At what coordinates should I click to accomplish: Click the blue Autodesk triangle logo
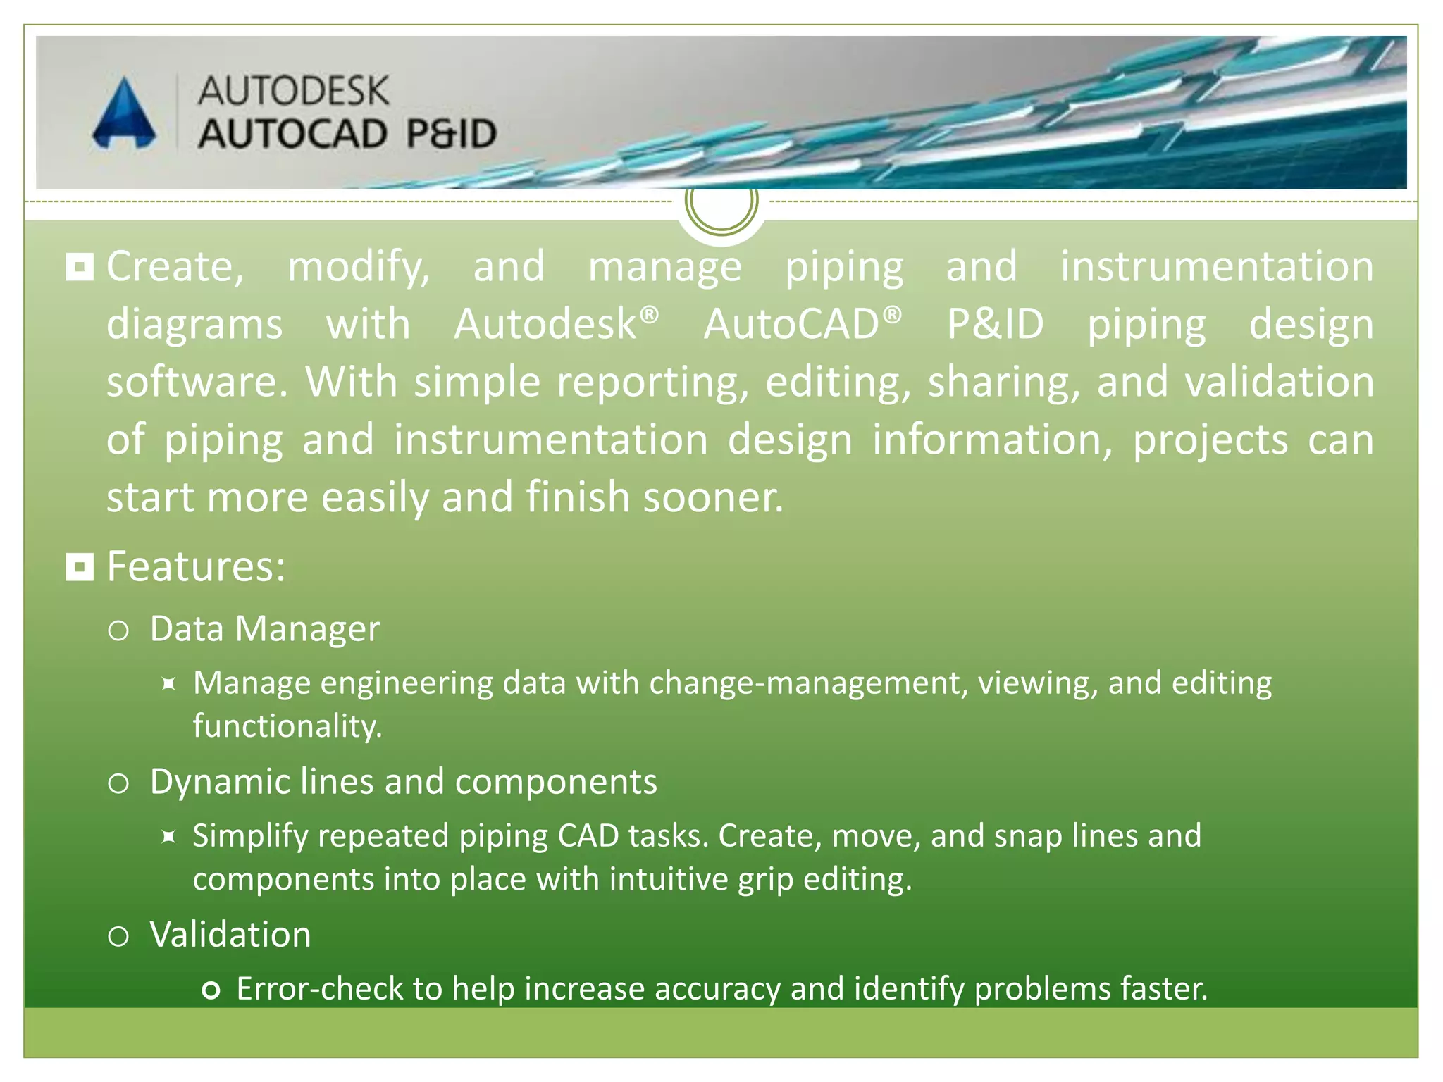[x=124, y=114]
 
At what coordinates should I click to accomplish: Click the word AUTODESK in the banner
[x=293, y=91]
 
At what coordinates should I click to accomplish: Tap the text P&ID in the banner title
[x=452, y=134]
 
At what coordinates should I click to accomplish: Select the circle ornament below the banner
[x=721, y=202]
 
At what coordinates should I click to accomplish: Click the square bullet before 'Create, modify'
[x=80, y=267]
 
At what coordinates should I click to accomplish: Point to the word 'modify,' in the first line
[x=359, y=268]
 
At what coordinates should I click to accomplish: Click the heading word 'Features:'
[x=196, y=566]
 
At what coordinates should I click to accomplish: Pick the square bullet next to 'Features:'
[x=80, y=566]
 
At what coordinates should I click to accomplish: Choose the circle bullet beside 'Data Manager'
[x=118, y=630]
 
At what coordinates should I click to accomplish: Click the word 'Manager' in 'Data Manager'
[x=307, y=628]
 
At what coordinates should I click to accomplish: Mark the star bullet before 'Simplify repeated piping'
[x=168, y=836]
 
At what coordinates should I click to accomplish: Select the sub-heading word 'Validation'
[x=230, y=935]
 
